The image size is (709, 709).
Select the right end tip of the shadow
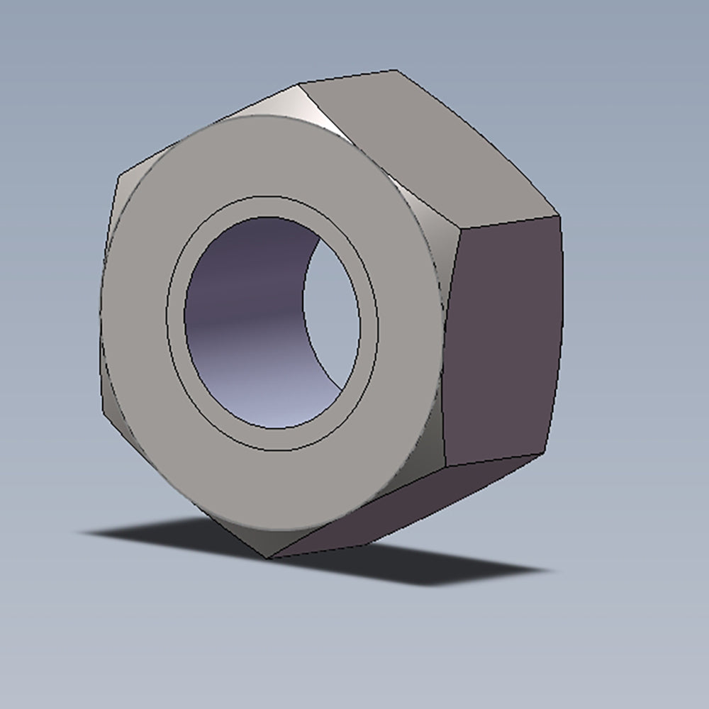[x=549, y=569]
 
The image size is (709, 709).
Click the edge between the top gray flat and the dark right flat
[x=510, y=222]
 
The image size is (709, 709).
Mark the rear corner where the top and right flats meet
[x=559, y=216]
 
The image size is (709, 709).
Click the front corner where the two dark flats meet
[x=445, y=467]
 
